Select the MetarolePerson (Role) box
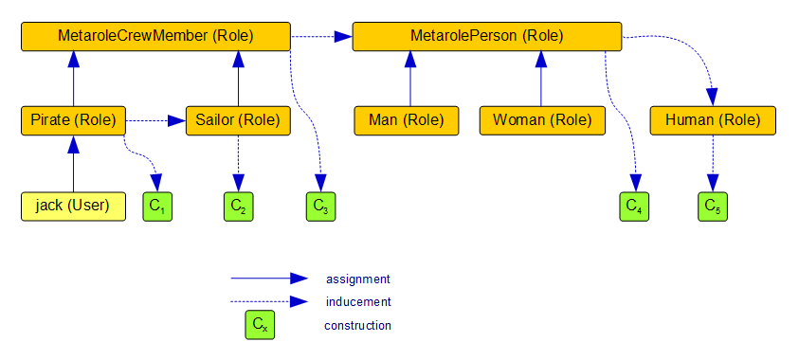coord(487,36)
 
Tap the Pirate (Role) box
coord(73,120)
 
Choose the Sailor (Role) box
coord(237,120)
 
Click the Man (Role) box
coord(406,120)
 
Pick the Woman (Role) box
coord(541,120)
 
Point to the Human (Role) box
coord(712,120)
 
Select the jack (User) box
coord(73,206)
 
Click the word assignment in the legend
coord(357,279)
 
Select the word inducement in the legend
coord(357,302)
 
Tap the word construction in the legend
coord(357,326)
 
